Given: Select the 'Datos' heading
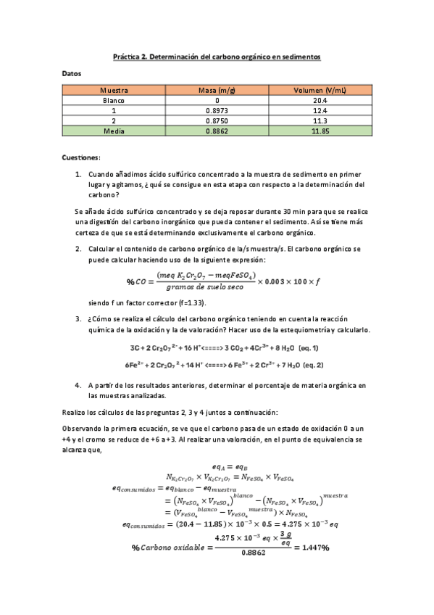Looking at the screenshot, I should [72, 73].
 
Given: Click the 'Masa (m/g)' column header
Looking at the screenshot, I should [217, 90].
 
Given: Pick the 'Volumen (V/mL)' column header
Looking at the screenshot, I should [320, 90].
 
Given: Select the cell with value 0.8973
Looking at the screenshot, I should [217, 110].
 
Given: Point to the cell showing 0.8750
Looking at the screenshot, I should [217, 120].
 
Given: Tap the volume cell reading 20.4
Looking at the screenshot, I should [320, 100].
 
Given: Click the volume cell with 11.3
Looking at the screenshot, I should [320, 120].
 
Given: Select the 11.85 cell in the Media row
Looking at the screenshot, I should [320, 131].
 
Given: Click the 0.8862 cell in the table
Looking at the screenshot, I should [217, 131].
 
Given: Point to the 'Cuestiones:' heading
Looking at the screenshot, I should [81, 157].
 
